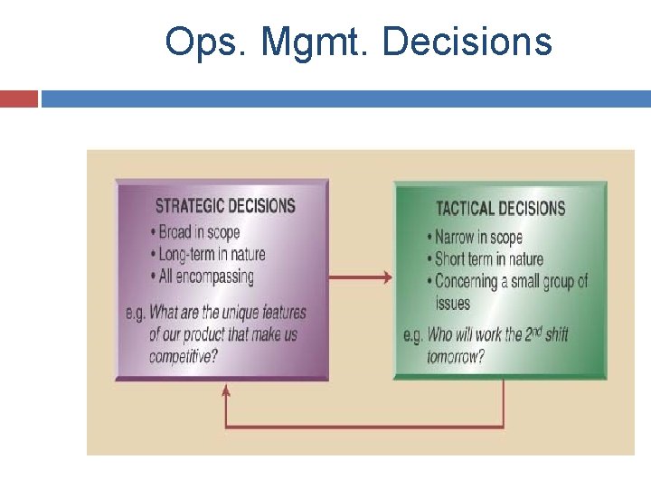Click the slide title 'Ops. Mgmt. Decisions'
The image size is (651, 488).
click(x=358, y=42)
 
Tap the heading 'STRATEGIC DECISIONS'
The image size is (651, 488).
click(x=225, y=205)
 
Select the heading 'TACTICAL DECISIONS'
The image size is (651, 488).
click(x=500, y=208)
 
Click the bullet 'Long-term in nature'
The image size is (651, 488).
click(x=213, y=254)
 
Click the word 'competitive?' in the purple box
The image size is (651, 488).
click(x=184, y=355)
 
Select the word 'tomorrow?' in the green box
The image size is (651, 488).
click(x=455, y=356)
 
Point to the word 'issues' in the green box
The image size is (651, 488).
click(x=453, y=303)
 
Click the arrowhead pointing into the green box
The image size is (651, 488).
click(x=388, y=277)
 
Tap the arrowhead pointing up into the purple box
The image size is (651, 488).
click(x=226, y=389)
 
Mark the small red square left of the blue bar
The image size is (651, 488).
click(x=19, y=98)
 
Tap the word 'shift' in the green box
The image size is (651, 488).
click(x=555, y=335)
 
